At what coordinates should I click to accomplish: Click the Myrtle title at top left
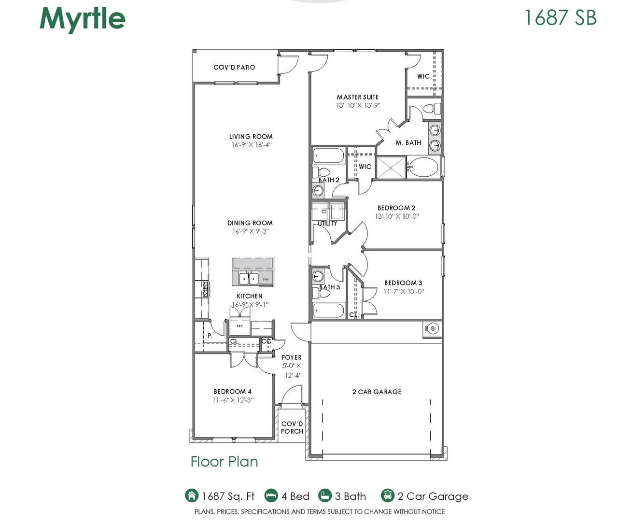tap(83, 19)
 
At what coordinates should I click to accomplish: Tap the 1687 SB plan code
tap(560, 17)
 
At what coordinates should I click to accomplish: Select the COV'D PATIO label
tap(234, 67)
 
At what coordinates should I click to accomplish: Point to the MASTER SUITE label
tap(358, 97)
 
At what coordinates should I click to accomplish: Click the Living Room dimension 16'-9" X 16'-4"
tap(251, 145)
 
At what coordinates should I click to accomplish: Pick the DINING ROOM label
tap(250, 223)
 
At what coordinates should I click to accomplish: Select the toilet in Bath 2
tap(322, 172)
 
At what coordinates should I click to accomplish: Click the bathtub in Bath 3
tap(328, 310)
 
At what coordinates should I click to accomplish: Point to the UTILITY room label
tap(327, 224)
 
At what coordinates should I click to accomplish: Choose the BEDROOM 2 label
tap(396, 208)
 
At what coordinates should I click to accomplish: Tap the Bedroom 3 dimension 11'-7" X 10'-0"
tap(404, 292)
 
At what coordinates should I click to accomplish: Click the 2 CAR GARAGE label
tap(377, 392)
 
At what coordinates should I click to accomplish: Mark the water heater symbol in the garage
tap(433, 329)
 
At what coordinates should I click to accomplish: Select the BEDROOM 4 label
tap(233, 392)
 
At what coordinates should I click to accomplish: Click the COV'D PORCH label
tap(292, 427)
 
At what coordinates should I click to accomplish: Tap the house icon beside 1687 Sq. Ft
tap(192, 496)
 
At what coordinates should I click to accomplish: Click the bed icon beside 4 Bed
tap(271, 496)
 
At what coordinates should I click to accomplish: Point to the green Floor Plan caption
tap(225, 462)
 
